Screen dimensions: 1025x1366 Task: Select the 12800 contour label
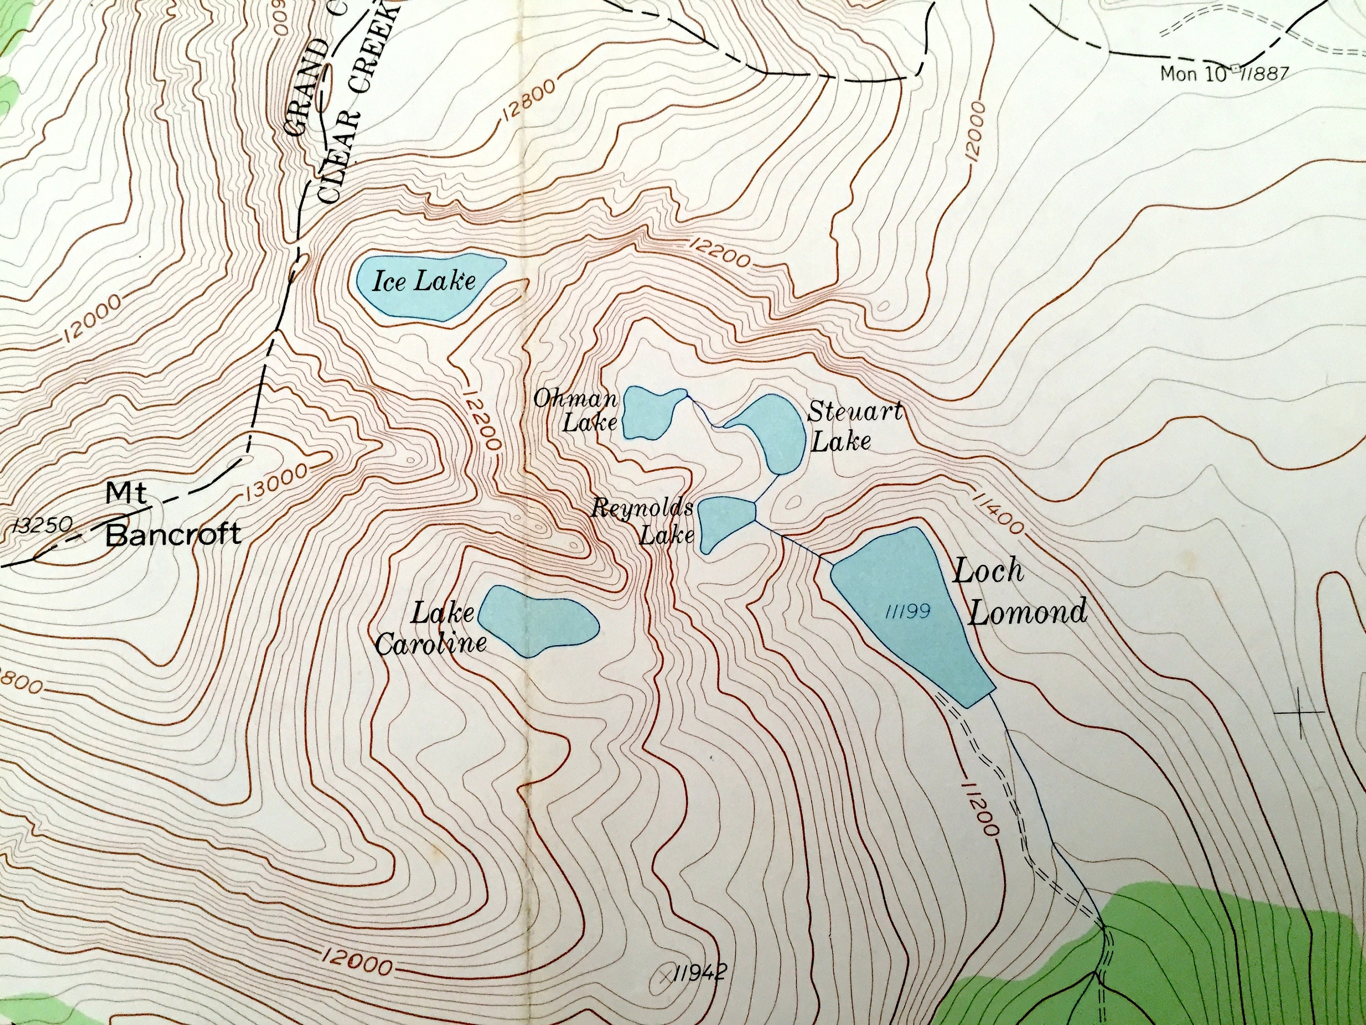click(526, 101)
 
